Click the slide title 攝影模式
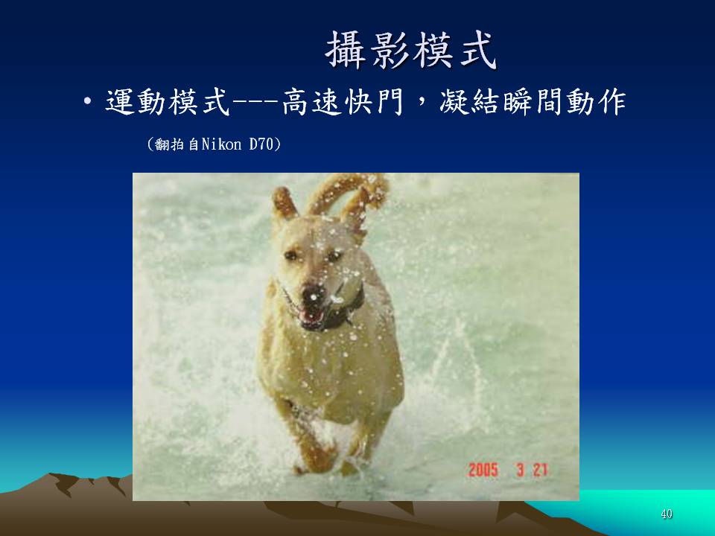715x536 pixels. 411,50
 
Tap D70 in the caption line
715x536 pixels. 261,144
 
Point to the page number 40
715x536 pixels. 666,514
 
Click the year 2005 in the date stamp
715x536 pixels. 483,470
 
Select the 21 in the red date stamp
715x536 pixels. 541,470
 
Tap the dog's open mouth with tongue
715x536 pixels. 312,316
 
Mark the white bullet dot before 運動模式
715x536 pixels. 88,102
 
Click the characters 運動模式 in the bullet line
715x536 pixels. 168,102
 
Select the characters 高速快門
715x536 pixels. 343,102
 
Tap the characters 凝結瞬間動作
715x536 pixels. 533,102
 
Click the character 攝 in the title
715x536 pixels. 346,50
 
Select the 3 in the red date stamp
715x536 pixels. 521,470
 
